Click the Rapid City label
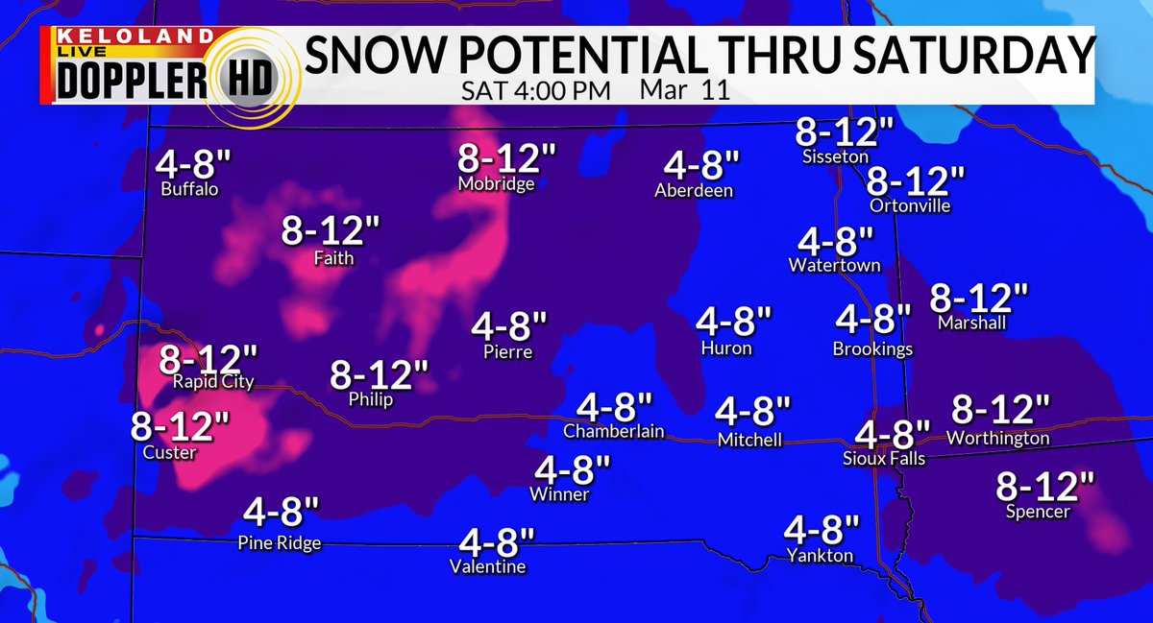(x=213, y=382)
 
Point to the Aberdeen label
(x=693, y=190)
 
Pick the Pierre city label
(x=508, y=351)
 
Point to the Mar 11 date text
(x=682, y=92)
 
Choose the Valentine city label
(x=488, y=567)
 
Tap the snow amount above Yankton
(x=821, y=531)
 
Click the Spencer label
(x=1037, y=513)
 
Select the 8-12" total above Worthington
(x=999, y=411)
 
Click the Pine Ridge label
(x=279, y=543)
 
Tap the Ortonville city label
(x=909, y=205)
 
